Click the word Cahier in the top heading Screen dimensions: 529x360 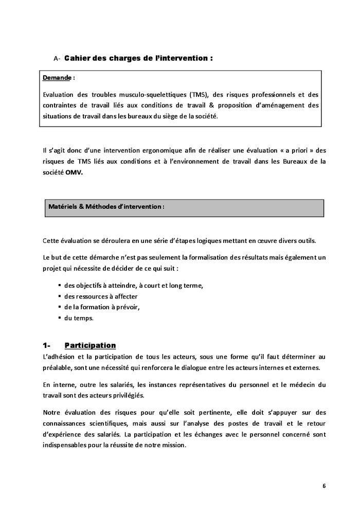[77, 59]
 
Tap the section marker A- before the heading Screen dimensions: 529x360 [57, 59]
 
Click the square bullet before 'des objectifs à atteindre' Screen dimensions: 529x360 [60, 286]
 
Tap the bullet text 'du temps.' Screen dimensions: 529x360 [79, 318]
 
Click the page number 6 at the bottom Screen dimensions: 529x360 [324, 486]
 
